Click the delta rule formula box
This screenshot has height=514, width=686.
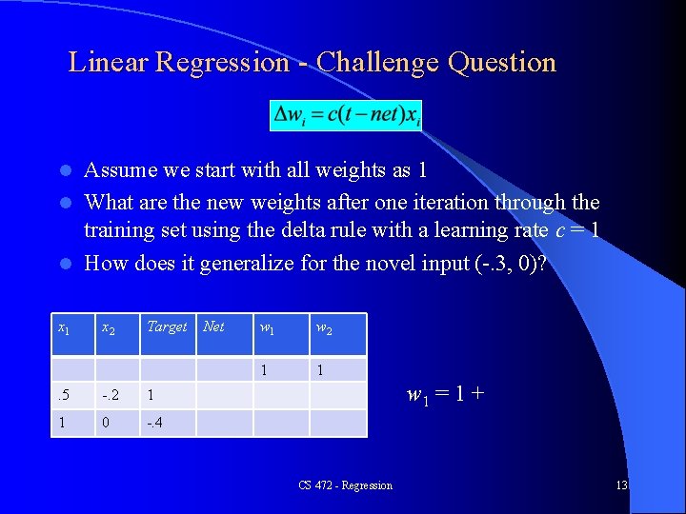click(x=347, y=116)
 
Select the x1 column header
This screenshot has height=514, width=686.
click(x=64, y=327)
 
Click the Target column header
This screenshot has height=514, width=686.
click(x=167, y=326)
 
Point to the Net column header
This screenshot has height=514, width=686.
click(x=214, y=326)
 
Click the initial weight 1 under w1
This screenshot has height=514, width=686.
click(x=264, y=369)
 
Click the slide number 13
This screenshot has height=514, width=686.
click(x=621, y=485)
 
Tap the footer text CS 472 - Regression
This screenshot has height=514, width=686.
click(x=345, y=485)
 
